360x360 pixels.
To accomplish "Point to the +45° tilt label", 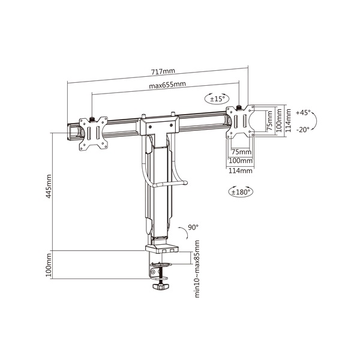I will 304,112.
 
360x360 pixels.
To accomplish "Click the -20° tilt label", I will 304,129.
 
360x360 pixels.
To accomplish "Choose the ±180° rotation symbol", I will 241,192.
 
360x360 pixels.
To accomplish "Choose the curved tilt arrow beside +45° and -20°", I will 316,121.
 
